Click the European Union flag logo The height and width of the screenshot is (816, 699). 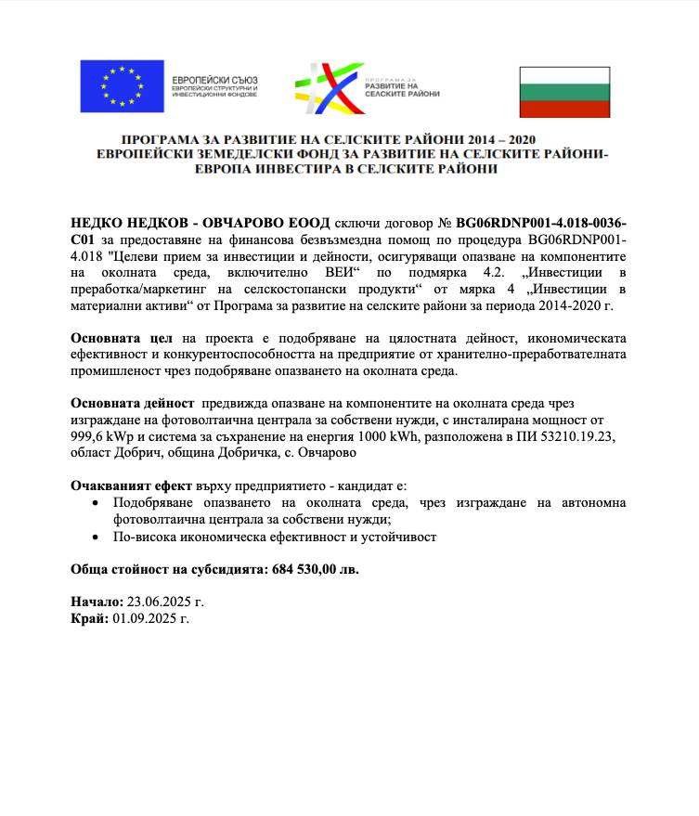coord(122,86)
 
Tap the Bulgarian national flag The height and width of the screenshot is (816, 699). coord(563,91)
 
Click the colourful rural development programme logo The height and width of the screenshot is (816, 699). coord(325,88)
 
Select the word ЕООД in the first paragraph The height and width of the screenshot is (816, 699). coord(304,224)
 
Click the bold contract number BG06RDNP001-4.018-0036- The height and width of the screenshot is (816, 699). coord(541,224)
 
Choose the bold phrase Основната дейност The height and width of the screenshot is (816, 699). coord(133,405)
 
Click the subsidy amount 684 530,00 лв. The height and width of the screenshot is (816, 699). coord(316,569)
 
